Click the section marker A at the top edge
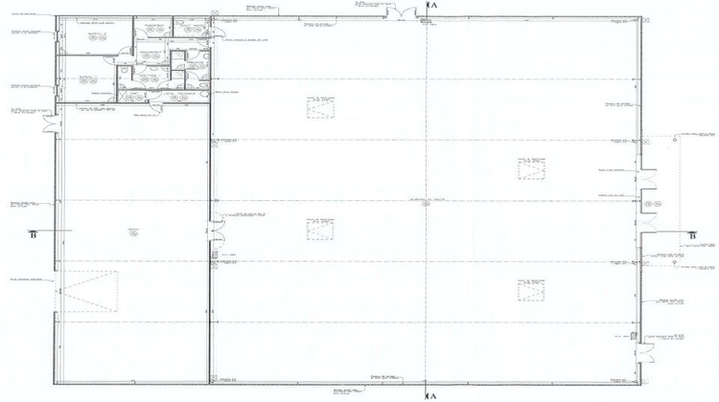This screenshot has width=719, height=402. (x=433, y=5)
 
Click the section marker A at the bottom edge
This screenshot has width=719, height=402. (x=433, y=393)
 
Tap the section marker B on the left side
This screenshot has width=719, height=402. (x=34, y=234)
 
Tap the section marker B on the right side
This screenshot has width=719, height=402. (x=692, y=234)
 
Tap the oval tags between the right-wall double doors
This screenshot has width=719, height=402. (x=653, y=205)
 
